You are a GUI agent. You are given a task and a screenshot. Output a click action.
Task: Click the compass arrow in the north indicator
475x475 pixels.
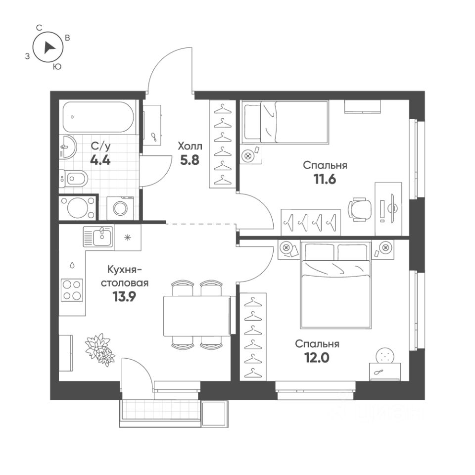pos(48,47)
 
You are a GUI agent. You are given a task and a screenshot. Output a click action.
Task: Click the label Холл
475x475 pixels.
pos(190,146)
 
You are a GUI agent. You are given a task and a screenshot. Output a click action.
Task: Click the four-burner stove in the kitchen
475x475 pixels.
pos(71,290)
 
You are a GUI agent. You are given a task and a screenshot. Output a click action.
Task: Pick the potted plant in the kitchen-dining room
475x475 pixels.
pos(99,347)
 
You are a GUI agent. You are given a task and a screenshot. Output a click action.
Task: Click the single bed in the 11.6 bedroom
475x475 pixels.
pos(285,122)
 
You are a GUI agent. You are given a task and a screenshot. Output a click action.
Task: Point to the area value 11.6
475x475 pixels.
pos(324,180)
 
